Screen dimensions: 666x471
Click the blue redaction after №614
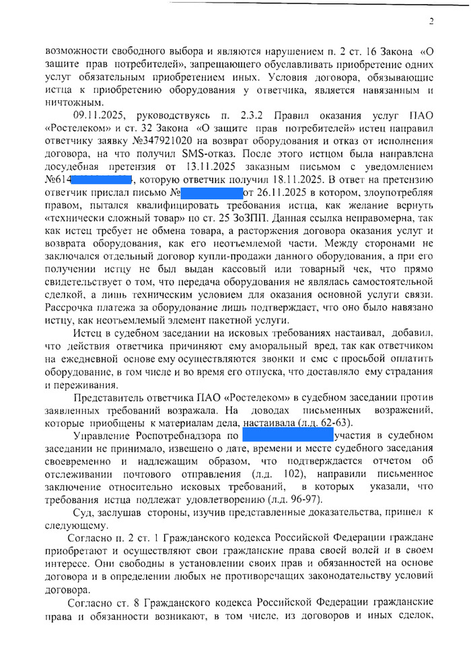tap(102, 180)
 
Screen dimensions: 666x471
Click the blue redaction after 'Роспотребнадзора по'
tap(287, 436)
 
